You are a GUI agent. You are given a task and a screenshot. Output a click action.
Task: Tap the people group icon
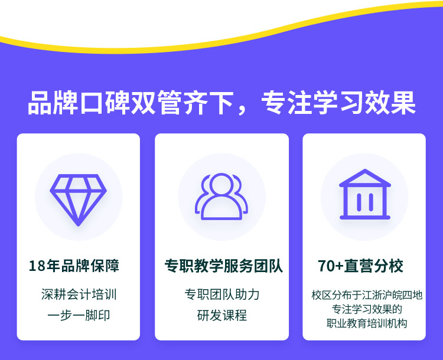click(x=221, y=197)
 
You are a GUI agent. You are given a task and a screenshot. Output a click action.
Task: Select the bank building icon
click(x=365, y=194)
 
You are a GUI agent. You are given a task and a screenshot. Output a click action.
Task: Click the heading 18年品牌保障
click(x=74, y=266)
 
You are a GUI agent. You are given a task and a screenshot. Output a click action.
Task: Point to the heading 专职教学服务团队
click(x=223, y=266)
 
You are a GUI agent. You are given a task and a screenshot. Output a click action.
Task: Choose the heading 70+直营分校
click(x=360, y=266)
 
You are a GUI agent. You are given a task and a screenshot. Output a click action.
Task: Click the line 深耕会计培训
click(x=79, y=294)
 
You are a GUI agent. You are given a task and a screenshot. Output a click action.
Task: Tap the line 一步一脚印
click(x=79, y=315)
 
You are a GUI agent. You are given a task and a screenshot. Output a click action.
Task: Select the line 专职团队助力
click(x=222, y=294)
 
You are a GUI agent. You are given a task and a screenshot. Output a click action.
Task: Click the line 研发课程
click(x=222, y=315)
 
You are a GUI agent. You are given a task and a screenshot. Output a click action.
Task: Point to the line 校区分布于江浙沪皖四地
click(x=367, y=295)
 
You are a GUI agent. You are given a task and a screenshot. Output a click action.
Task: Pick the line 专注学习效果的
click(x=367, y=309)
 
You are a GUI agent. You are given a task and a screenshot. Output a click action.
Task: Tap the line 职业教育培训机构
click(x=367, y=323)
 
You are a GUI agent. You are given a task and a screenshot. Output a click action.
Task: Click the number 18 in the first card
click(x=37, y=266)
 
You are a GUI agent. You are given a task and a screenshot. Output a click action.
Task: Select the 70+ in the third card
click(x=331, y=266)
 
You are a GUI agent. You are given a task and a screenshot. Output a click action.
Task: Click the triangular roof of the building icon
click(x=365, y=178)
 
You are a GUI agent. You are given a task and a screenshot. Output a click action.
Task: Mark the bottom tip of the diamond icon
click(x=78, y=225)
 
